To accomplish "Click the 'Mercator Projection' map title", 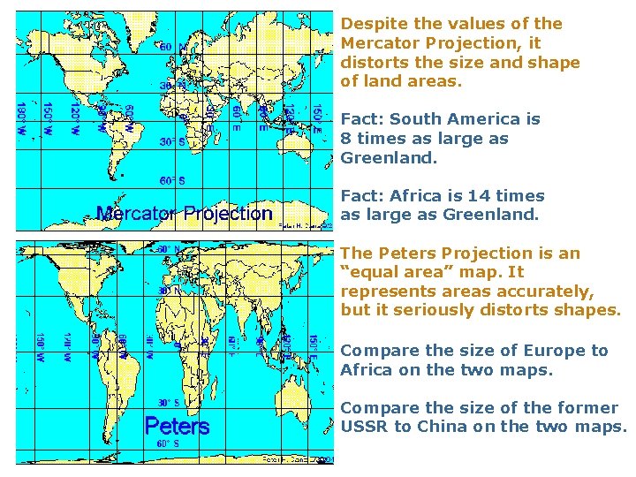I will [x=184, y=213].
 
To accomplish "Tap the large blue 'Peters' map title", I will [x=177, y=426].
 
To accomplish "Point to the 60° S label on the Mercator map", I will [x=171, y=180].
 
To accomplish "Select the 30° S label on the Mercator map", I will [x=171, y=140].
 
